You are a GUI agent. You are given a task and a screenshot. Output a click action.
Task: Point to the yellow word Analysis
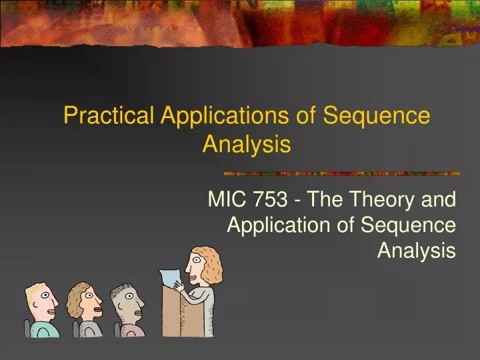247,144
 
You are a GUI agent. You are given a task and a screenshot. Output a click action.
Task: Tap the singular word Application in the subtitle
279,225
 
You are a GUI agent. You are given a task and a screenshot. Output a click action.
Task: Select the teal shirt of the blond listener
47,329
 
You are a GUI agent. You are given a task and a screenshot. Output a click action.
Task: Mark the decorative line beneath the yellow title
341,173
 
